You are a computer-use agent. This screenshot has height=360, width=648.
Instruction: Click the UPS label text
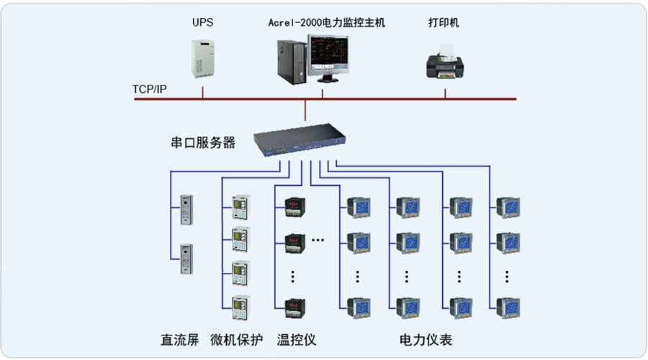pyautogui.click(x=202, y=22)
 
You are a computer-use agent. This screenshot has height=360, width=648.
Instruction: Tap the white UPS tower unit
pyautogui.click(x=203, y=59)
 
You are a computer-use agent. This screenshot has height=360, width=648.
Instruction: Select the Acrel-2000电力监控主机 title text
pyautogui.click(x=326, y=22)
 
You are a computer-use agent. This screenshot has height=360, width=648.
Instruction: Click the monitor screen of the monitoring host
pyautogui.click(x=329, y=54)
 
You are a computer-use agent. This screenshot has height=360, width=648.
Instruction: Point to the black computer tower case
pyautogui.click(x=292, y=63)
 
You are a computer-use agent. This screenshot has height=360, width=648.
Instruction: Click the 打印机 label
pyautogui.click(x=444, y=22)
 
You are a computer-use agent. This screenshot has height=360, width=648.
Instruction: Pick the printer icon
pyautogui.click(x=445, y=63)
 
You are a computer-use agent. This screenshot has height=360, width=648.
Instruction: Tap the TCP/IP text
pyautogui.click(x=149, y=89)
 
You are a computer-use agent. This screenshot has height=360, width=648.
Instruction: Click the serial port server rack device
pyautogui.click(x=300, y=139)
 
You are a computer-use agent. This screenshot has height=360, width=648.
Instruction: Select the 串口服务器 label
pyautogui.click(x=203, y=143)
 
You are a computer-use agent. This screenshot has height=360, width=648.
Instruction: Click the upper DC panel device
pyautogui.click(x=186, y=210)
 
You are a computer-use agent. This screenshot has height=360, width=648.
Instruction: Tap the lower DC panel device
pyautogui.click(x=186, y=259)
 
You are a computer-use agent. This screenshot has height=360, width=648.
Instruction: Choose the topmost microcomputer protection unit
pyautogui.click(x=241, y=207)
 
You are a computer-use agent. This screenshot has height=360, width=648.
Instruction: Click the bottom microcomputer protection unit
pyautogui.click(x=241, y=307)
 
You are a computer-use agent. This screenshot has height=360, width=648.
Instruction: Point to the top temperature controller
pyautogui.click(x=295, y=207)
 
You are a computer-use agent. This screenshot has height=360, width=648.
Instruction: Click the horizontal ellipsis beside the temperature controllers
pyautogui.click(x=318, y=240)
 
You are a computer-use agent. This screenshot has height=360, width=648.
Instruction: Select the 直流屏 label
pyautogui.click(x=180, y=340)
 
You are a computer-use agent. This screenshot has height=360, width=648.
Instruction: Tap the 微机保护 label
pyautogui.click(x=236, y=340)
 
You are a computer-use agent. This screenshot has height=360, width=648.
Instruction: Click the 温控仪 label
pyautogui.click(x=297, y=340)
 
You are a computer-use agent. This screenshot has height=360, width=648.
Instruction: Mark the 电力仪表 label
pyautogui.click(x=426, y=340)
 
